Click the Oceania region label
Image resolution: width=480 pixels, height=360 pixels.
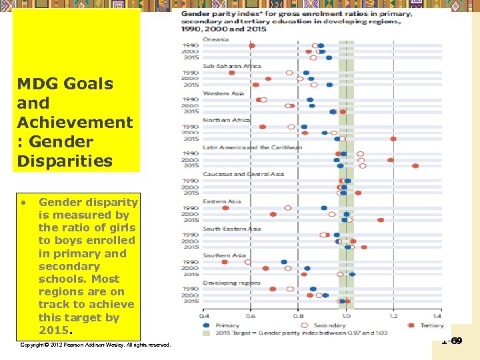pos(215,39)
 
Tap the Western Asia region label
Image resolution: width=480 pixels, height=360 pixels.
pos(223,93)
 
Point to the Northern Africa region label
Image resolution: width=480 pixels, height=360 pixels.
pos(226,120)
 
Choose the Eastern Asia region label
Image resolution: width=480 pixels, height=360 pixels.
pos(221,201)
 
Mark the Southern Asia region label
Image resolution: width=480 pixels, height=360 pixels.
pos(224,255)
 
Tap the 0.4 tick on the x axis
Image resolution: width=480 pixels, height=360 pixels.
pos(204,316)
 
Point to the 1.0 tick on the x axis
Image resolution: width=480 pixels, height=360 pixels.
pos(345,316)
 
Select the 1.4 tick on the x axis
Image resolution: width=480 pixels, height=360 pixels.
pos(437,316)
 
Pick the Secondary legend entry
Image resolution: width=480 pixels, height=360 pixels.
pos(326,325)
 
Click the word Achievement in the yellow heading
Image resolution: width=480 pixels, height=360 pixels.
pos(75,122)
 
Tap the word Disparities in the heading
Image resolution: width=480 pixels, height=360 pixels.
pos(65,161)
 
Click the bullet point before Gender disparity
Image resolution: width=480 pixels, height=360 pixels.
pos(22,202)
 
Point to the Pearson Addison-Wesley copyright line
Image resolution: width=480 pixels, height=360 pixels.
pos(95,345)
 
